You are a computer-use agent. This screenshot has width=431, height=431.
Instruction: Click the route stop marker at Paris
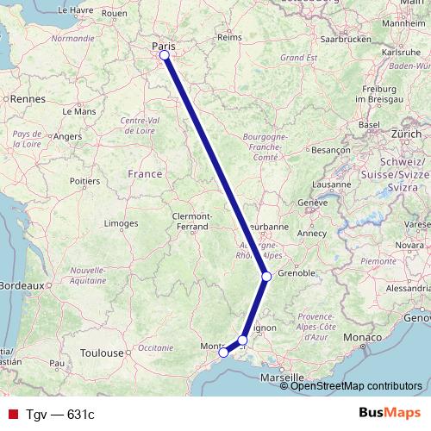164,56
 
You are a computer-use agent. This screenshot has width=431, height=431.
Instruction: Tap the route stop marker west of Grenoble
266,277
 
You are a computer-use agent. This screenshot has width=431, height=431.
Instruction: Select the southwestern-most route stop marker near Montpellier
223,352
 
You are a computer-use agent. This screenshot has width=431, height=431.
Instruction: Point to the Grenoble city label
296,273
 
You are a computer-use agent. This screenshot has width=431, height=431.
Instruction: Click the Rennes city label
29,99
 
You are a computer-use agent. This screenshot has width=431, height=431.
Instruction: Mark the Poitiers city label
84,181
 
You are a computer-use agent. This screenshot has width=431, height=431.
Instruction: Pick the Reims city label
229,38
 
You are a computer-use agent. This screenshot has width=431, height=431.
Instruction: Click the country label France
144,174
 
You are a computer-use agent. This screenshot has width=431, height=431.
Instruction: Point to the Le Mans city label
79,111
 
